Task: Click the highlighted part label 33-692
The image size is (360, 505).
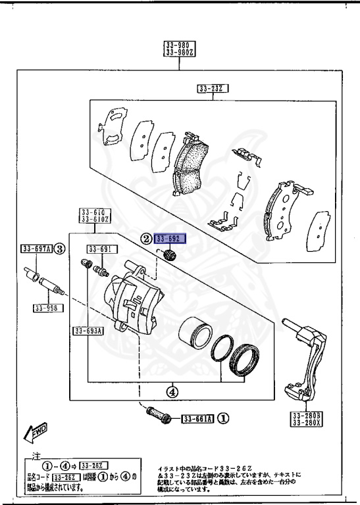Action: tap(170, 239)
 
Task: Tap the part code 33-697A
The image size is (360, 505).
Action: tap(36, 249)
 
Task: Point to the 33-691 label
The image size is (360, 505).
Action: tap(102, 249)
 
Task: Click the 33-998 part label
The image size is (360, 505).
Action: tap(47, 307)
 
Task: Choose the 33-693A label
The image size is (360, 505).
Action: tap(88, 331)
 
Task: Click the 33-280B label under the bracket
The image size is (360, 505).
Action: tap(305, 416)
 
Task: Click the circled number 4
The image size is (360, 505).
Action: tap(172, 392)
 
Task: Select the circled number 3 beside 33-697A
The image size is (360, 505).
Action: tap(59, 249)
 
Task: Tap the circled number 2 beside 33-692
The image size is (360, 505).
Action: tap(146, 239)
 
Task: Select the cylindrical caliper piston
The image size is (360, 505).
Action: tap(194, 332)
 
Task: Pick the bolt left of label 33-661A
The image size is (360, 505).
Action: tap(157, 416)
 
